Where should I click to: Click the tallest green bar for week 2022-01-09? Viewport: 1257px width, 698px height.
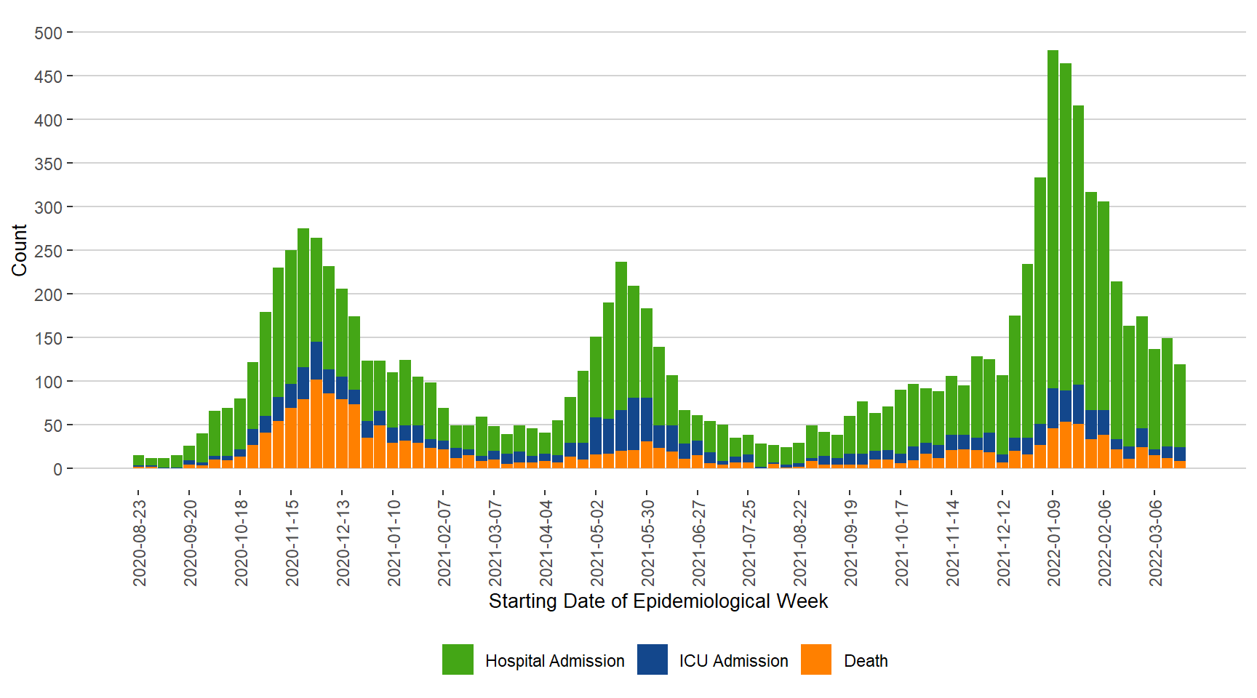[x=1053, y=218]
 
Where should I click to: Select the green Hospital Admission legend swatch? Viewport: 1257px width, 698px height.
[x=458, y=659]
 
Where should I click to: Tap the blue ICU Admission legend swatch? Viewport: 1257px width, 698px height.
[x=653, y=659]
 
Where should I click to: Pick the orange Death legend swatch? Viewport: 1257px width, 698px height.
[x=816, y=659]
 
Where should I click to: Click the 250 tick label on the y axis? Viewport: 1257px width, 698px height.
[x=48, y=252]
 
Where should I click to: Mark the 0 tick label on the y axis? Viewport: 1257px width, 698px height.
[x=57, y=470]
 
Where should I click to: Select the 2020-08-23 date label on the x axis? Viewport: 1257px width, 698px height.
[x=140, y=542]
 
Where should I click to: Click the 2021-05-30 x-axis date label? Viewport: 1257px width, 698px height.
[x=647, y=542]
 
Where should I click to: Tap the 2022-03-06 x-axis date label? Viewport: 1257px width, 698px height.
[x=1156, y=542]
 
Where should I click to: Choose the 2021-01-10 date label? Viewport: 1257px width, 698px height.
[x=394, y=542]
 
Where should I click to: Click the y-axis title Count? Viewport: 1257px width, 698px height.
[x=20, y=250]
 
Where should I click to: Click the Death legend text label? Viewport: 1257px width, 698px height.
[x=866, y=661]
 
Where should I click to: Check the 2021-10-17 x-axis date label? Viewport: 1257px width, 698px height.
[x=902, y=542]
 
